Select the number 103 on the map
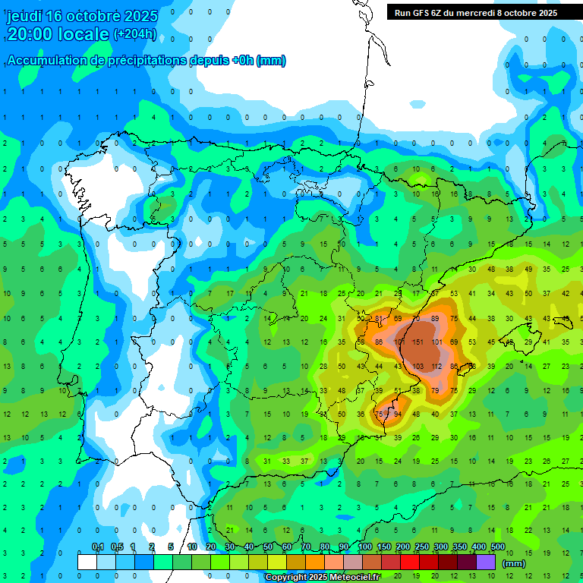pyautogui.click(x=418, y=367)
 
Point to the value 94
pyautogui.click(x=398, y=414)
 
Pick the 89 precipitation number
pyautogui.click(x=435, y=319)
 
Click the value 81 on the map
pyautogui.click(x=379, y=319)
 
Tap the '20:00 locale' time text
pyautogui.click(x=58, y=33)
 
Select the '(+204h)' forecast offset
pyautogui.click(x=135, y=33)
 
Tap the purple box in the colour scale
pyautogui.click(x=486, y=562)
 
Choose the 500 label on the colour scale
pyautogui.click(x=497, y=547)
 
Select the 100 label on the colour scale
pyautogui.click(x=364, y=547)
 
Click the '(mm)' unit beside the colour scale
pyautogui.click(x=514, y=563)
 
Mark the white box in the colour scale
pyautogui.click(x=87, y=562)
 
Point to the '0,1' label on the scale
pyautogui.click(x=98, y=547)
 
